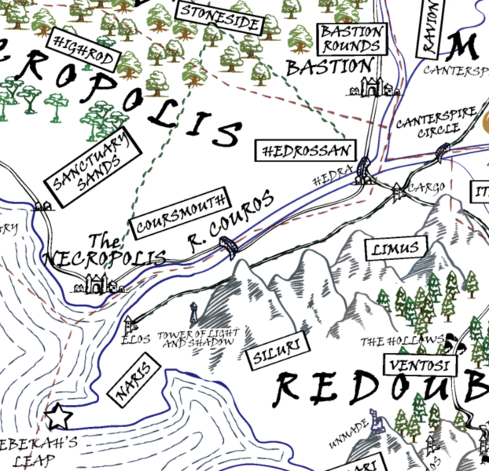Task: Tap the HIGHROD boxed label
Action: tap(84, 50)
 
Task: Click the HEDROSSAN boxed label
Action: tap(307, 150)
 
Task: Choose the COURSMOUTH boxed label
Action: tap(181, 212)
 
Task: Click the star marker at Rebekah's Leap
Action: tap(57, 414)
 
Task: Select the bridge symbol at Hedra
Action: tap(363, 170)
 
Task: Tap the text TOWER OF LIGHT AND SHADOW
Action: tap(196, 339)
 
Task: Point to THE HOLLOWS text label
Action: tap(402, 341)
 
